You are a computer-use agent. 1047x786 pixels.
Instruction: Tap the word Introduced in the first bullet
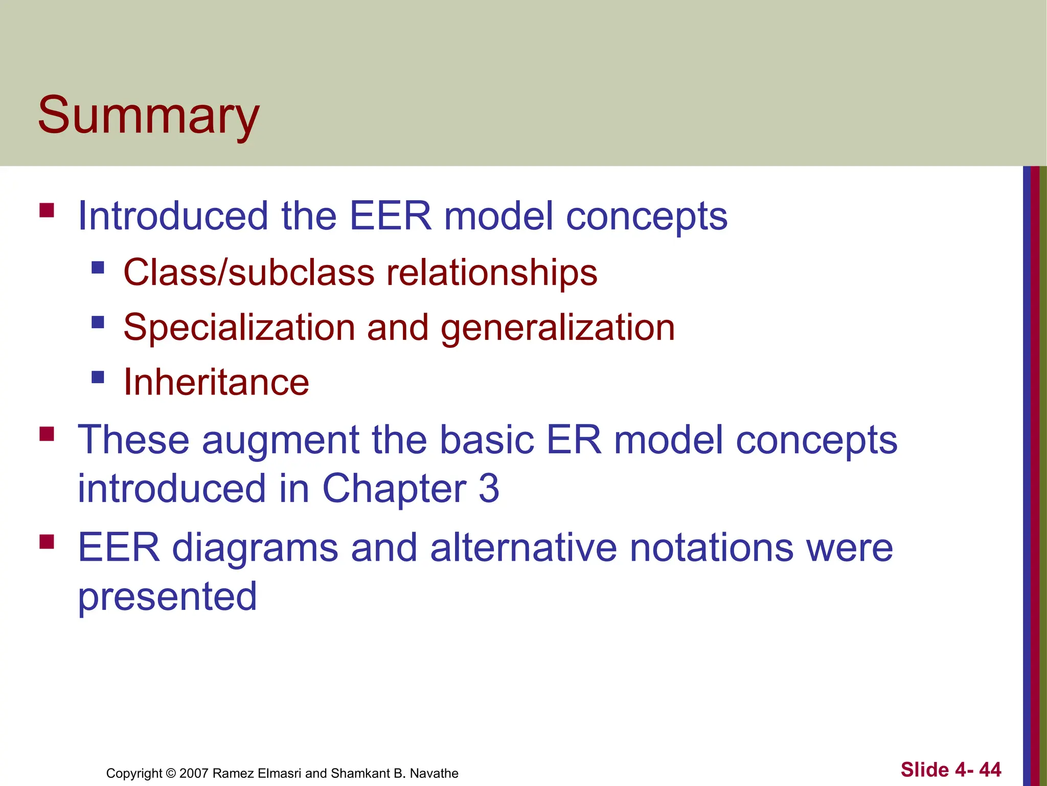point(173,216)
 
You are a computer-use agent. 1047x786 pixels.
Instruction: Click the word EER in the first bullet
point(390,216)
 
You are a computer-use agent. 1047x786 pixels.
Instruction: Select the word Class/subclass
point(249,272)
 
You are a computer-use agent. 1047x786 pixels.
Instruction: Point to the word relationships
point(491,272)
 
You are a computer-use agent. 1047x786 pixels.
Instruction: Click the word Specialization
point(239,327)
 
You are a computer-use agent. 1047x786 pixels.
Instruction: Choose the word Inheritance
point(216,383)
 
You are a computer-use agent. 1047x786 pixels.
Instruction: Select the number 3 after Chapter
point(489,489)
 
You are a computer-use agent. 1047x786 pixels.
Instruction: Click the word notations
point(711,548)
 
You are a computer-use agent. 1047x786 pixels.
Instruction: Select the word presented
point(167,597)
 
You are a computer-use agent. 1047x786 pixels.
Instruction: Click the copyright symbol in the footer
point(171,773)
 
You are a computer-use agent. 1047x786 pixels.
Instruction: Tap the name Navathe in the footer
point(434,773)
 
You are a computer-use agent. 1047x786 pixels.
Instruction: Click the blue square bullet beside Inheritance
point(98,378)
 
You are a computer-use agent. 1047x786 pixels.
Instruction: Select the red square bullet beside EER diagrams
point(47,541)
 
